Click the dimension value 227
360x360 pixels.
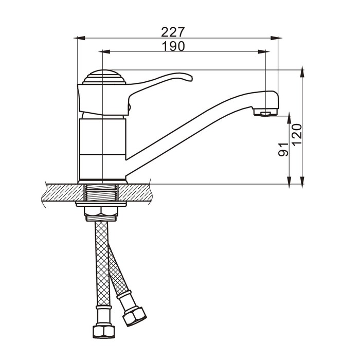pyautogui.click(x=173, y=32)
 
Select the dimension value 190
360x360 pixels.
pyautogui.click(x=173, y=46)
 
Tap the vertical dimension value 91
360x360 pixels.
pyautogui.click(x=283, y=150)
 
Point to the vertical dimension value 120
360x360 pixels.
pyautogui.click(x=297, y=135)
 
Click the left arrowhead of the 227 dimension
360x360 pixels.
pyautogui.click(x=79, y=38)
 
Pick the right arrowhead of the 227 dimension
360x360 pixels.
pyautogui.click(x=276, y=38)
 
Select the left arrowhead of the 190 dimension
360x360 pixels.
pyautogui.click(x=105, y=51)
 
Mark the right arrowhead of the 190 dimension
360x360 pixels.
pyautogui.click(x=263, y=51)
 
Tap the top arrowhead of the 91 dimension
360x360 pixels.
pyautogui.click(x=289, y=119)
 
